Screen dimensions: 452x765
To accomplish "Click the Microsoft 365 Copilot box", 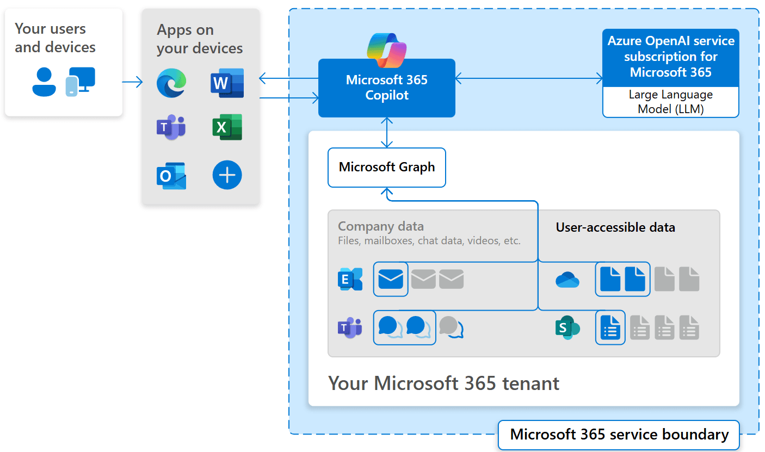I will click(386, 88).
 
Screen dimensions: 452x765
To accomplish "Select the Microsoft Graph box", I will click(386, 167).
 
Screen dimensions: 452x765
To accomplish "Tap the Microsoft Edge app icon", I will click(171, 83).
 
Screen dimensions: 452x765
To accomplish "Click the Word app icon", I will click(227, 83).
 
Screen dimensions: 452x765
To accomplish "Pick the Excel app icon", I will click(227, 127).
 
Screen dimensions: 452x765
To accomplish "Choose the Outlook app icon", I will click(171, 175).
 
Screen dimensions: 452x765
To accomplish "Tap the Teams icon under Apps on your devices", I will click(171, 127).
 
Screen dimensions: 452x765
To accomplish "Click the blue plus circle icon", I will click(227, 175).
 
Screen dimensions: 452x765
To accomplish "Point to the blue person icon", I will click(44, 82).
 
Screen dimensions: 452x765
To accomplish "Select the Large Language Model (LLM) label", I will click(670, 102).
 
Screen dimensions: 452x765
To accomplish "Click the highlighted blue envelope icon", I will click(391, 279).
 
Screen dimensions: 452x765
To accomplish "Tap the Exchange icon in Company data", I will click(350, 279).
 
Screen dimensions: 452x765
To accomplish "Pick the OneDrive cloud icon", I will click(567, 280).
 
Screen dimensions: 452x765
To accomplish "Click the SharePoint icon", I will click(567, 328).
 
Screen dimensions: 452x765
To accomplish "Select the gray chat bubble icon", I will click(451, 327).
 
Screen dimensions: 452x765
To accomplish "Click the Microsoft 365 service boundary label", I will click(619, 435).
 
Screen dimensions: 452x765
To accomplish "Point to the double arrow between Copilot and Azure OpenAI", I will click(529, 79).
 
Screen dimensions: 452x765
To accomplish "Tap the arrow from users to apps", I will click(132, 82).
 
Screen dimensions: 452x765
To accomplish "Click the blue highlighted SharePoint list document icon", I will click(610, 327).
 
